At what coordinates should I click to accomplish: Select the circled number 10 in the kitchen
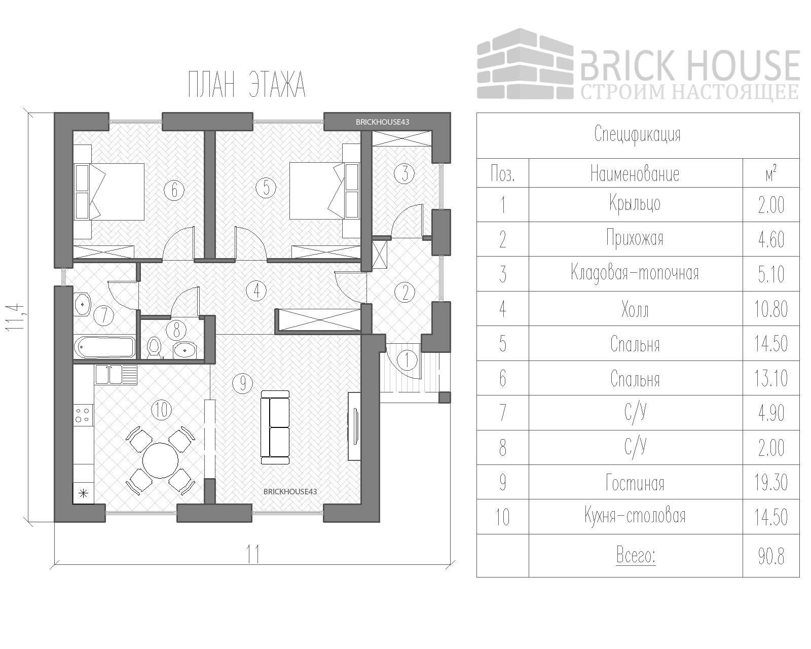[161, 410]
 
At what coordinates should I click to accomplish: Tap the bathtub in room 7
[104, 348]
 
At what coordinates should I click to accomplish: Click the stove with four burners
[83, 415]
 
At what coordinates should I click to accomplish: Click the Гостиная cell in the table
[635, 483]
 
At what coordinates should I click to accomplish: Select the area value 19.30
[770, 483]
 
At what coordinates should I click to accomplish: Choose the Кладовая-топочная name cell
[635, 273]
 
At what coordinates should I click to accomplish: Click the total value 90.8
[771, 556]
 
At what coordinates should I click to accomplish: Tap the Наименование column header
[635, 174]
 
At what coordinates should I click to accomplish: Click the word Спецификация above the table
[637, 135]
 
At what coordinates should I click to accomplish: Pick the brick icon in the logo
[525, 64]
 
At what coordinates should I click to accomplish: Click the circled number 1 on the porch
[407, 360]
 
